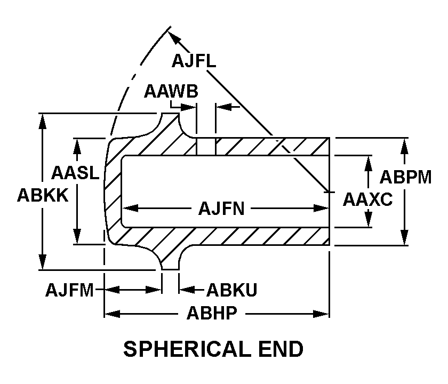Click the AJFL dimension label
[x=194, y=61]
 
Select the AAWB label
[x=171, y=92]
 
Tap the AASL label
[x=75, y=172]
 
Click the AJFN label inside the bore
[x=221, y=208]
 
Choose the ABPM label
[x=405, y=177]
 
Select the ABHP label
[x=211, y=313]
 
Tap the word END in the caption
[x=279, y=349]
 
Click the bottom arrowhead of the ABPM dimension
[x=405, y=239]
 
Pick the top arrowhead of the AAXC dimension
[x=368, y=162]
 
